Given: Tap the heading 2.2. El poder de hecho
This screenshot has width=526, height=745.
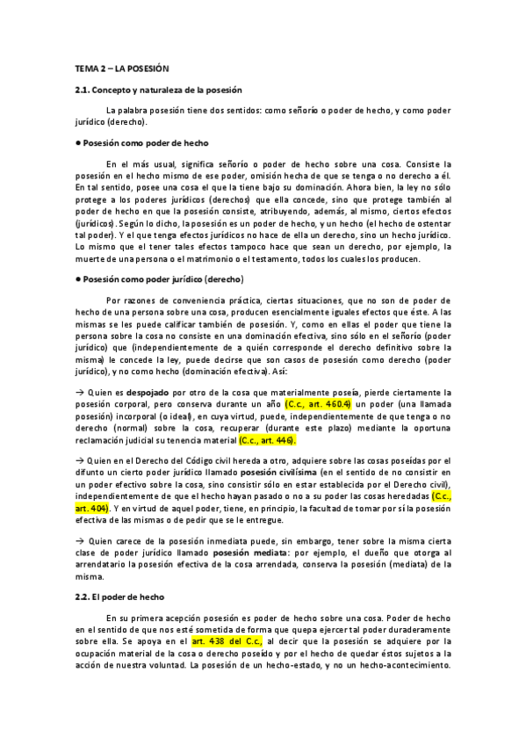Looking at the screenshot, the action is tap(118, 595).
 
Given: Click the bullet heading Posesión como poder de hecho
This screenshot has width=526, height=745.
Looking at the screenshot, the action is tap(145, 142).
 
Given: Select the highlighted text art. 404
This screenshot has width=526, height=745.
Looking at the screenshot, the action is tap(92, 509).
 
